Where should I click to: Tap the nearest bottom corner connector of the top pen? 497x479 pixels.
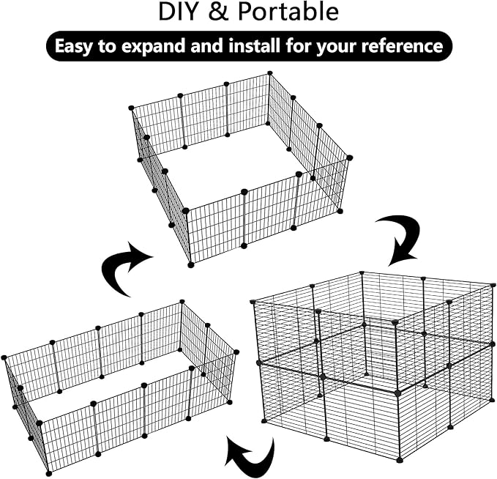tap(191, 264)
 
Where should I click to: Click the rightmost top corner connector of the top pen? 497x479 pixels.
tap(349, 157)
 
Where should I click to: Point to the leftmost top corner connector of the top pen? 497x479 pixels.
tap(132, 108)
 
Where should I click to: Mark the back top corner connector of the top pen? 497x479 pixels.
tap(269, 73)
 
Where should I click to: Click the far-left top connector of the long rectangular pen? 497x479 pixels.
tap(4, 357)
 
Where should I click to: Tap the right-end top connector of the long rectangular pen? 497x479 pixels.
tap(236, 352)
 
